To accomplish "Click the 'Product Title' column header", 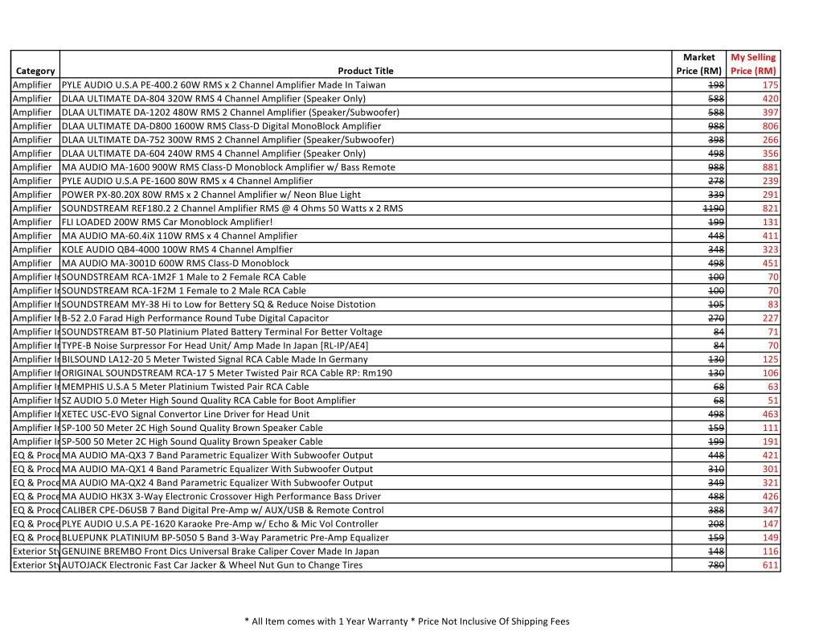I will (x=366, y=71).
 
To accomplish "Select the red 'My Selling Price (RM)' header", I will (x=752, y=64).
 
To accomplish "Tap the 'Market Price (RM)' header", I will (x=698, y=64).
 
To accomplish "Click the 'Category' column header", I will (x=35, y=71).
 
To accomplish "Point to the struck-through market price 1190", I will (x=714, y=208).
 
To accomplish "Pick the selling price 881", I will (x=770, y=167).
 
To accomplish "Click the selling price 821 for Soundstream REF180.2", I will (x=770, y=208).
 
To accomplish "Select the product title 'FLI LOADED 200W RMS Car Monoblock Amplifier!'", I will (x=167, y=222).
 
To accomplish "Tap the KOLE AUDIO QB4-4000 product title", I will (x=177, y=249).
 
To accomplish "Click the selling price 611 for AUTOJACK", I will (x=770, y=565).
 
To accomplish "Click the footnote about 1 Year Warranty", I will (x=406, y=621).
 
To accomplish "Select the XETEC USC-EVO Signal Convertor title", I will (x=185, y=414).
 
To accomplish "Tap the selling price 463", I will (x=770, y=414).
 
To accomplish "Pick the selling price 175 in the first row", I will (x=770, y=84).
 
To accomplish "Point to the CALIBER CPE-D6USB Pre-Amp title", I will (x=222, y=510).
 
